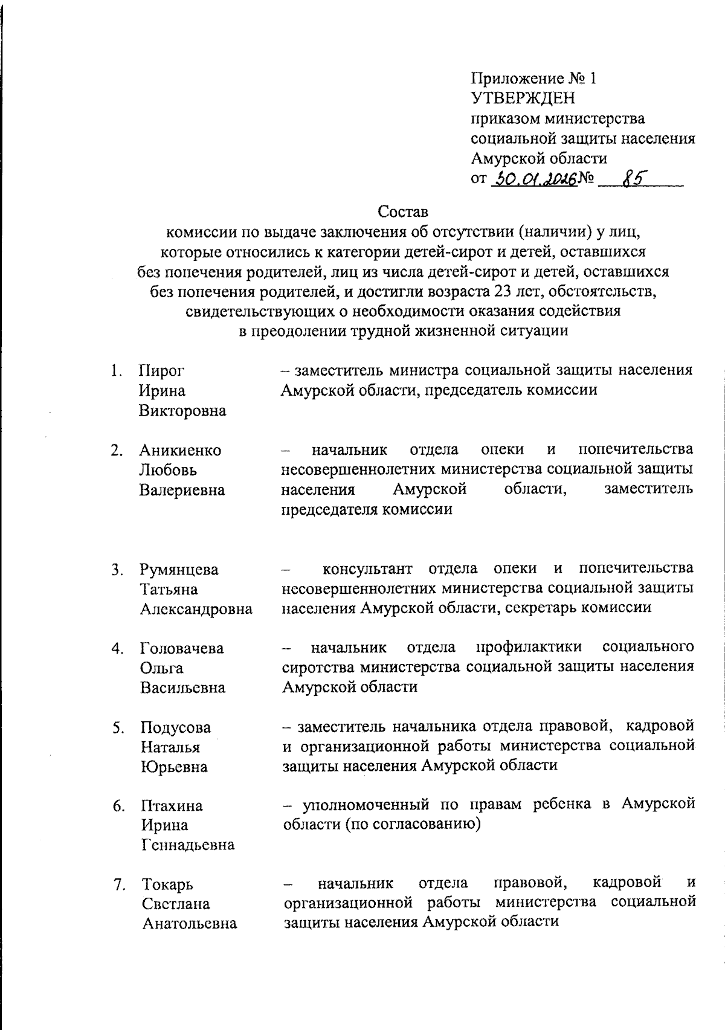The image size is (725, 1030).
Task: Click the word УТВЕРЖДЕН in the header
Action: tap(523, 98)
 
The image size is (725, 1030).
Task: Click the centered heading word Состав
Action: tap(402, 213)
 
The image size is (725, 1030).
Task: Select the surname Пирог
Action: tap(161, 371)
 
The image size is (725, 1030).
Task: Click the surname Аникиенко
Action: tap(180, 451)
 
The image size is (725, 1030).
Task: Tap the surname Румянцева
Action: tap(179, 570)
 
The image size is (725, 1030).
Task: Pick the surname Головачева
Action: tap(182, 649)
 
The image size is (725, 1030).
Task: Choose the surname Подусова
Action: tap(176, 727)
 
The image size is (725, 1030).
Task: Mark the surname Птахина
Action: tap(172, 806)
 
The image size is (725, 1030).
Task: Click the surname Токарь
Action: tap(167, 885)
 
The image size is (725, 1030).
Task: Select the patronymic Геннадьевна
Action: tap(188, 845)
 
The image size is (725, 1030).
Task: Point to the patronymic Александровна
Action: tap(196, 609)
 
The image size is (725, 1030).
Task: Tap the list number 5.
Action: tap(118, 728)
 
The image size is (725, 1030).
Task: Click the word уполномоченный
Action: tap(366, 805)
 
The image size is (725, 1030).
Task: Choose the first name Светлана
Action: tap(176, 904)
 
